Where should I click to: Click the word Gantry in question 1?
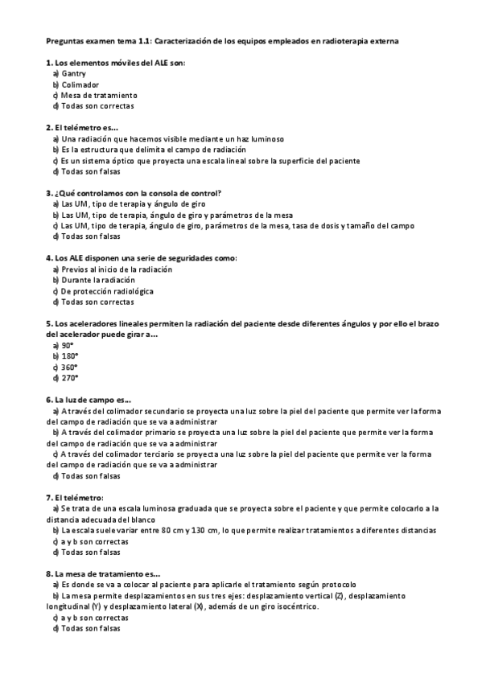[x=74, y=73]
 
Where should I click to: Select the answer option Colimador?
[x=80, y=84]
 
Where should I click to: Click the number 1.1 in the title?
[x=144, y=39]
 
